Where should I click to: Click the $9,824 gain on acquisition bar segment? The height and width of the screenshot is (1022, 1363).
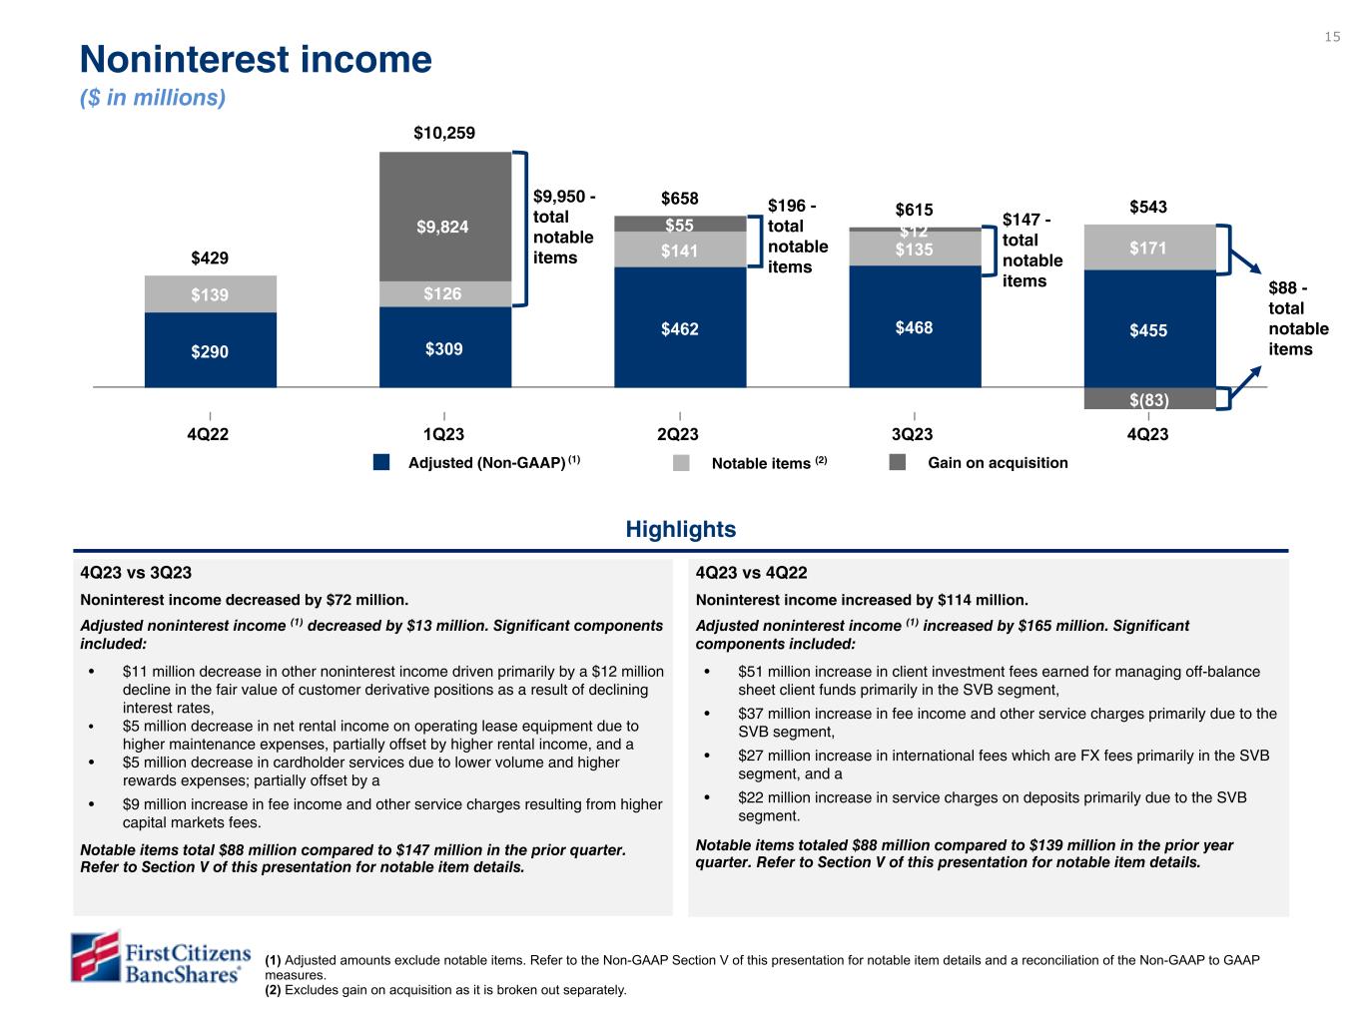[444, 227]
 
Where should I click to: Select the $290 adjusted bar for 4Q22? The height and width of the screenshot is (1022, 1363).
[211, 350]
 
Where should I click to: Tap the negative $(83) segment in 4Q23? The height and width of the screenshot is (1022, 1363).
[1149, 399]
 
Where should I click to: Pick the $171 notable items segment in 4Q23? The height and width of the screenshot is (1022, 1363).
[1149, 247]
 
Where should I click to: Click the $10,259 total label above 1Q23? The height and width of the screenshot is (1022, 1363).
[444, 133]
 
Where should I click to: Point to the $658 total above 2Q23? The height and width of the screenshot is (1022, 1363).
[680, 199]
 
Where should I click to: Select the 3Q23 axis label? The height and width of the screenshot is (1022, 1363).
[915, 435]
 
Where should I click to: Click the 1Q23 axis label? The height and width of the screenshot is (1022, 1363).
[444, 435]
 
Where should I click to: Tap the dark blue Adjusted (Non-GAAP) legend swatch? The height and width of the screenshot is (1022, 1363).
[380, 463]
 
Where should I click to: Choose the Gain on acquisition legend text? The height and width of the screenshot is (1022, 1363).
[998, 463]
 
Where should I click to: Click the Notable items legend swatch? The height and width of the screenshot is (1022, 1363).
[681, 463]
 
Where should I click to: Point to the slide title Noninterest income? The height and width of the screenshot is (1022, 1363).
[256, 60]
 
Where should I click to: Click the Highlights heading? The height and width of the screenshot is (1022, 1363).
[681, 529]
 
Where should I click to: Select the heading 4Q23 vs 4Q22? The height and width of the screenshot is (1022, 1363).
[751, 573]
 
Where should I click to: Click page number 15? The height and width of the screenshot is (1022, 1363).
[1332, 37]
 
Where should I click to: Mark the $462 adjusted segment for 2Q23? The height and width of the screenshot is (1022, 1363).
[680, 326]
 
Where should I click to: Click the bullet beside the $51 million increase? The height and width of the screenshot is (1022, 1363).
[708, 673]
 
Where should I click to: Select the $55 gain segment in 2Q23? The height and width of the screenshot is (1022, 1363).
[680, 225]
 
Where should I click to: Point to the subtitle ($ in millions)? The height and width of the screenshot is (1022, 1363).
[153, 98]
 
